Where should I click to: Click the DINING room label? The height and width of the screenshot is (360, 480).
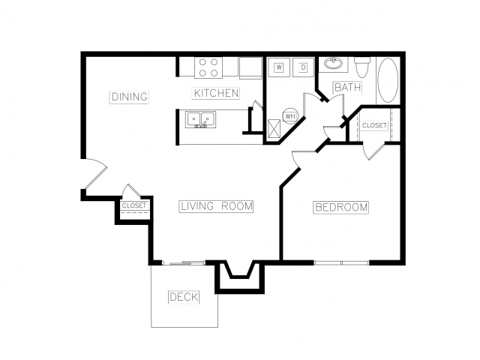tap(129, 97)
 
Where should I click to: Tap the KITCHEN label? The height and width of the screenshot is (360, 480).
tap(216, 93)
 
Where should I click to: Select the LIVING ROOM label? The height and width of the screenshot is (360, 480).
tap(216, 206)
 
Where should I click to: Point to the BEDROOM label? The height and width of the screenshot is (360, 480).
tap(340, 207)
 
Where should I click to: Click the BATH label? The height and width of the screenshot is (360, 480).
tap(348, 88)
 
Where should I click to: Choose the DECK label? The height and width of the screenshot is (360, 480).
tap(184, 297)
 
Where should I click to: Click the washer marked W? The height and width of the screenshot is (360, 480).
tap(279, 67)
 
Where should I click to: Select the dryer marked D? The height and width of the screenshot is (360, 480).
tap(303, 67)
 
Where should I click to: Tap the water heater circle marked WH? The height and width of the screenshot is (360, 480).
tap(290, 116)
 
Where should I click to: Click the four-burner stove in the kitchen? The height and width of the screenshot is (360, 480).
tap(208, 67)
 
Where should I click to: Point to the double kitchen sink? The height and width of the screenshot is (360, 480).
tap(200, 119)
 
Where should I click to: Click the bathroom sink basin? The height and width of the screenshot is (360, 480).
tap(333, 64)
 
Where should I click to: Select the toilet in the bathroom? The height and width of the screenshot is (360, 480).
tap(362, 67)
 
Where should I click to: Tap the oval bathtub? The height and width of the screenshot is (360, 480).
tap(388, 80)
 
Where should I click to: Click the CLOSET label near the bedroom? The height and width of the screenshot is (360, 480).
tap(374, 125)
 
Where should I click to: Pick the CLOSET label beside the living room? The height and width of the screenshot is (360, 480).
tap(134, 205)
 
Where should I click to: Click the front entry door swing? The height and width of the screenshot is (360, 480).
tap(95, 173)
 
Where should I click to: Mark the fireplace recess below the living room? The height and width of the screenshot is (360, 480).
tap(239, 277)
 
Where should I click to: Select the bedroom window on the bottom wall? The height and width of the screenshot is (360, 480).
tap(342, 262)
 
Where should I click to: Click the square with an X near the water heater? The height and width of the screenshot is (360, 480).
tap(274, 130)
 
